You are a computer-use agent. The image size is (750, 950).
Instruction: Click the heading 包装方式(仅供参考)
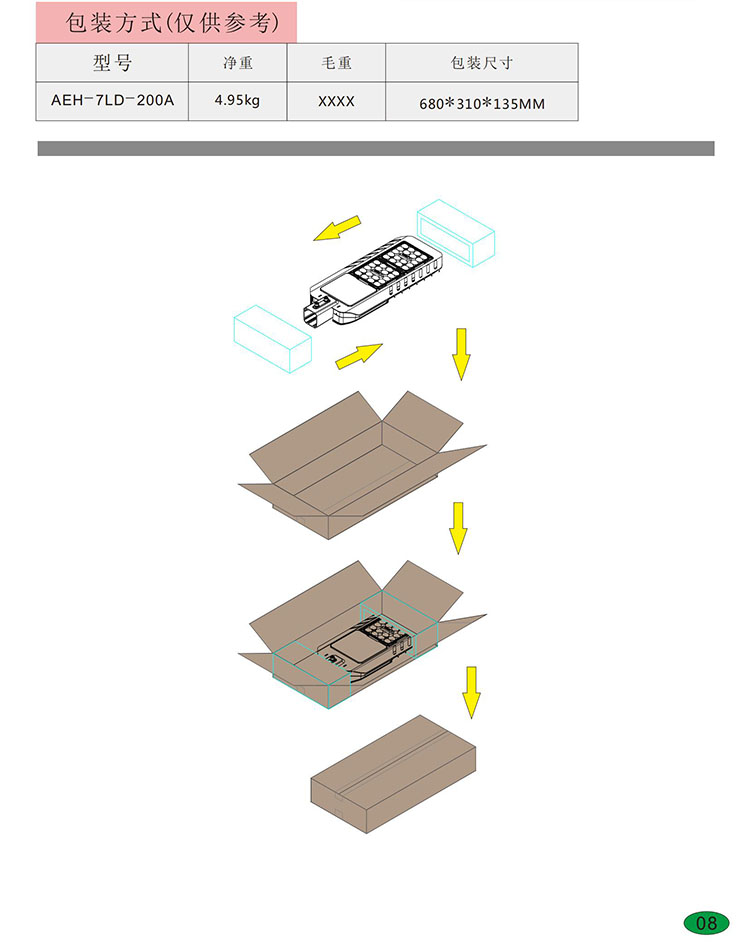(x=173, y=23)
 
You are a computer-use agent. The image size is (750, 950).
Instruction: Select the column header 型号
(x=112, y=62)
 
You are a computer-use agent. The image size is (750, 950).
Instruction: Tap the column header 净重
(x=237, y=62)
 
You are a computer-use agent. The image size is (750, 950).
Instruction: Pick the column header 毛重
(x=336, y=62)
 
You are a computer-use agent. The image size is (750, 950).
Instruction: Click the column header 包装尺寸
(x=482, y=62)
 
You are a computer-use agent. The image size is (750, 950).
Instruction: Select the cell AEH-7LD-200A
(x=112, y=100)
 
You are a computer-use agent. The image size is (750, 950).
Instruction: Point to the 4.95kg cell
(x=237, y=100)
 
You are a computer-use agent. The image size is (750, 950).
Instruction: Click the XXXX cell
(x=336, y=101)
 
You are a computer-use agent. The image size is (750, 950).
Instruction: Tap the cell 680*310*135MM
(x=482, y=104)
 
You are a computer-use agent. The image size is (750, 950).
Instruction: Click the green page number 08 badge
(x=706, y=923)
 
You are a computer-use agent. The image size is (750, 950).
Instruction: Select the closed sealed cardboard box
(x=393, y=774)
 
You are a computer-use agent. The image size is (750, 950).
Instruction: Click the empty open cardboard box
(x=362, y=465)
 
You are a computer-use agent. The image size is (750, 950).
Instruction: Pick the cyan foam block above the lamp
(x=456, y=233)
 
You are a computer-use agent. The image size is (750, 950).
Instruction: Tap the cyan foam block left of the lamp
(x=273, y=339)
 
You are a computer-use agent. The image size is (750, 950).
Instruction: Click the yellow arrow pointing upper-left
(x=337, y=228)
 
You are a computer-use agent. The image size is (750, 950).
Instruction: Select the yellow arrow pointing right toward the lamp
(x=359, y=356)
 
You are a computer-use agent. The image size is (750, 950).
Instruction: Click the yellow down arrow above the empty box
(x=461, y=354)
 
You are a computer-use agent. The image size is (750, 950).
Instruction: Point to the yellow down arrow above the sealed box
(x=471, y=693)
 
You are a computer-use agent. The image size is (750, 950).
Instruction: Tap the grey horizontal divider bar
(x=376, y=148)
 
